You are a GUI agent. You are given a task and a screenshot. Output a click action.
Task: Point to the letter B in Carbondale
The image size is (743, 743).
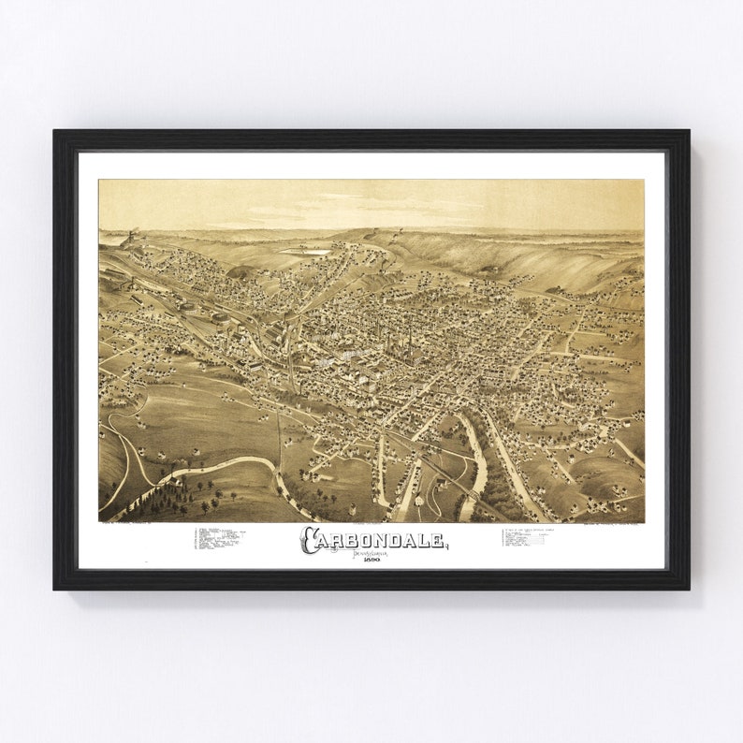pos(352,539)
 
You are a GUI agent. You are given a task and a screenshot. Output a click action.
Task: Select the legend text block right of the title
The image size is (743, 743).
pos(537,537)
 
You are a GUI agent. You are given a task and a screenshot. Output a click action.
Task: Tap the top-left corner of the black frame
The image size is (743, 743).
pos(55,131)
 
